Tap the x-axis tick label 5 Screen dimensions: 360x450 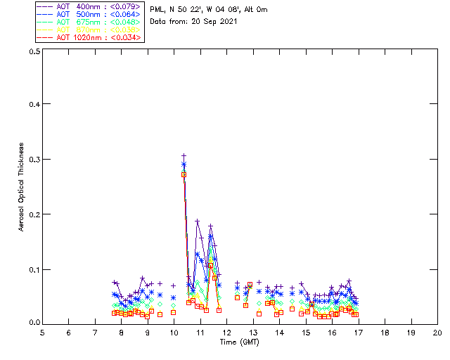(42, 332)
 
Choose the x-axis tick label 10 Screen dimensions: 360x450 (174, 332)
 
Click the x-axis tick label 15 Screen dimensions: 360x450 (306, 332)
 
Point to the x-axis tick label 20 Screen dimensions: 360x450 (437, 332)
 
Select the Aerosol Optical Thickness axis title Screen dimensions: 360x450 (22, 187)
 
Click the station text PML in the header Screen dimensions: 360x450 (157, 9)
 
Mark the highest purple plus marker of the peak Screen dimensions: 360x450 (184, 156)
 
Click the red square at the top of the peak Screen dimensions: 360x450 (184, 174)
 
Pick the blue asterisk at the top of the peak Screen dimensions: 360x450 (184, 165)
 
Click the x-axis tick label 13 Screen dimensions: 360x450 (253, 332)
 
